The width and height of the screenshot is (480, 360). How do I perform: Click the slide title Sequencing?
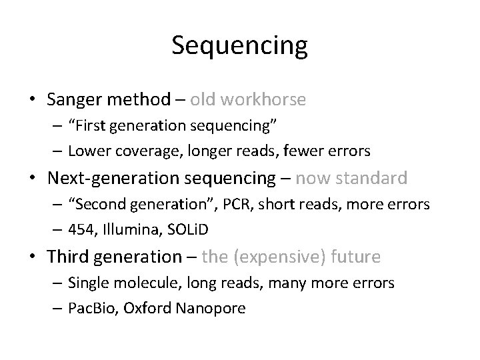[239, 46]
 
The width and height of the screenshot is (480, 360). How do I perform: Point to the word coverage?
[150, 151]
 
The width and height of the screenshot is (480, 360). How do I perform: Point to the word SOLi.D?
[188, 229]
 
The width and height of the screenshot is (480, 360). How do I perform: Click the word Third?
[71, 256]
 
